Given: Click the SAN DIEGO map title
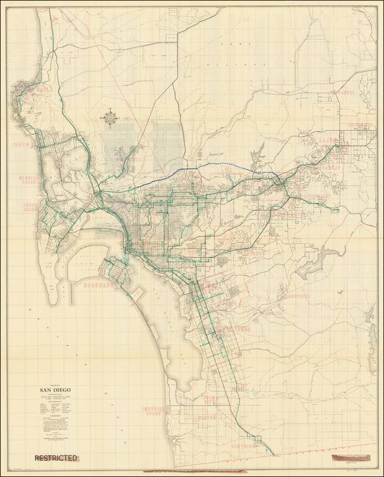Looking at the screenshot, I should [x=51, y=389].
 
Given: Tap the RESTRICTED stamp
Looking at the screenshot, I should [x=56, y=458].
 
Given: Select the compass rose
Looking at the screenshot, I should [x=111, y=117].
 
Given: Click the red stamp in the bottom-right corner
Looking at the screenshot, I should [x=353, y=458].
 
